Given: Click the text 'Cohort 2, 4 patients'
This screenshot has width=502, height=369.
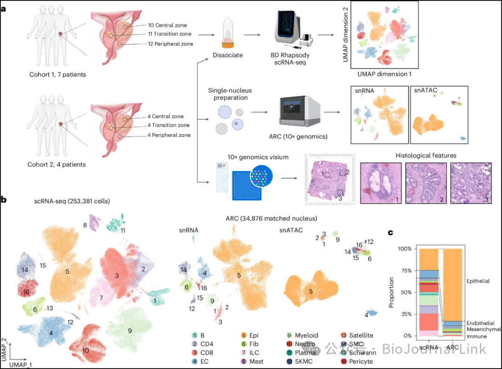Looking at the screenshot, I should [56, 164].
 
